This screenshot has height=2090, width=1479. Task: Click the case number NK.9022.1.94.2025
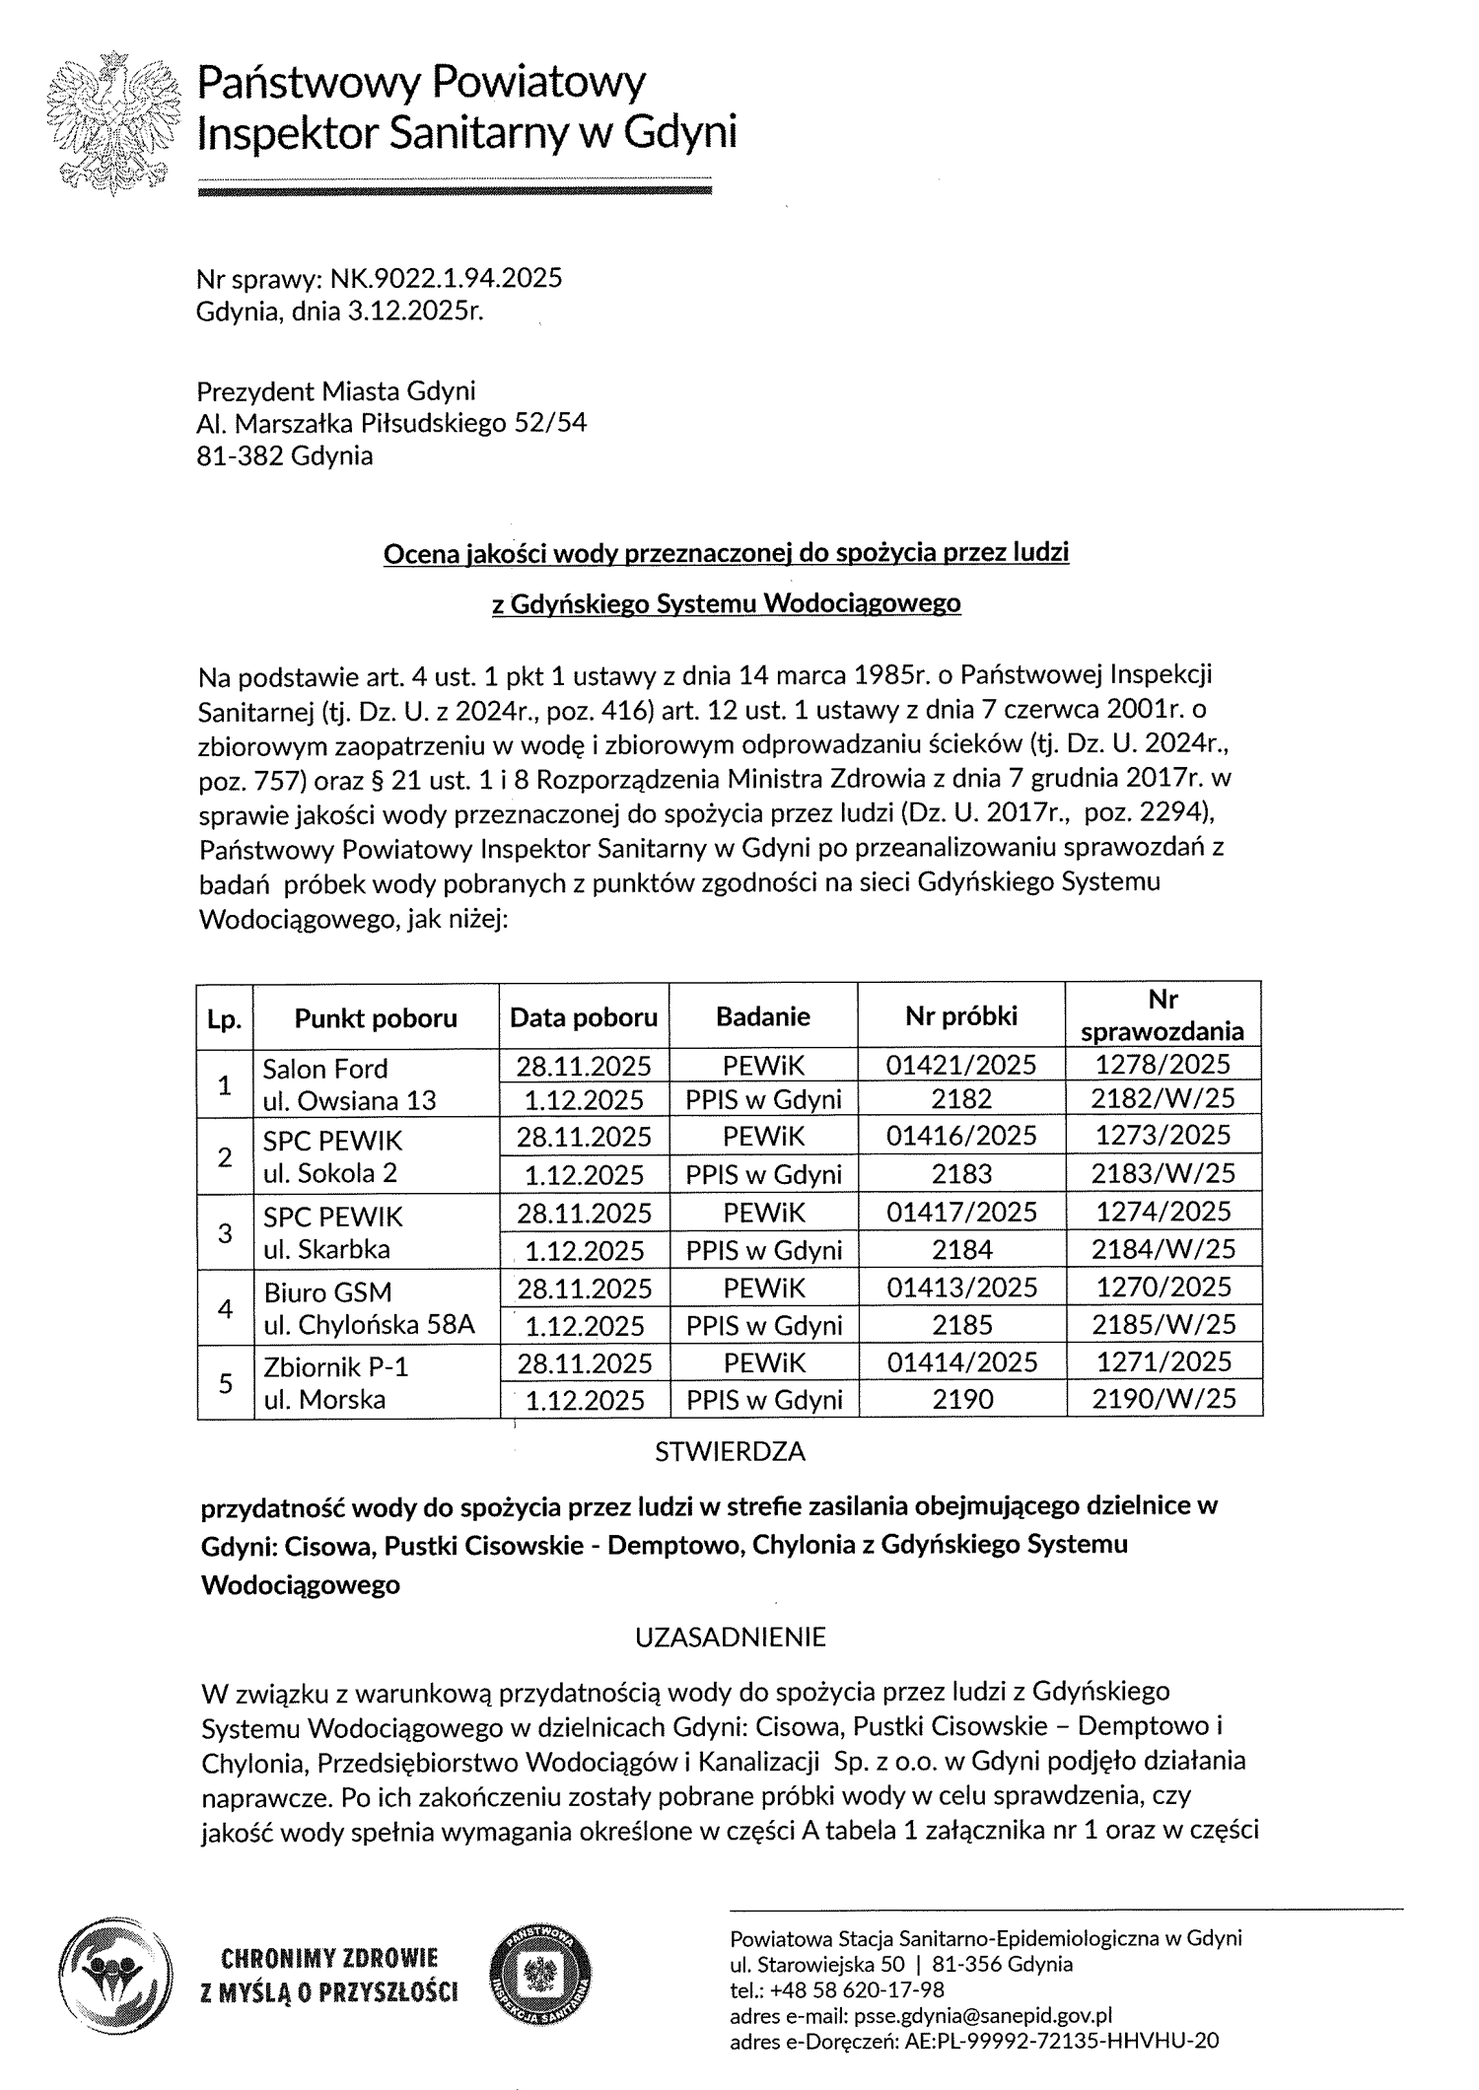coord(446,279)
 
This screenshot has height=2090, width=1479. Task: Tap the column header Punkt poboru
coord(376,1017)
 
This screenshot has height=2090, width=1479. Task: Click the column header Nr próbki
coord(961,1015)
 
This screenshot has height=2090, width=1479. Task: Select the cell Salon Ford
coord(325,1068)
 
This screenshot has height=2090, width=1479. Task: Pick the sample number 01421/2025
coord(961,1064)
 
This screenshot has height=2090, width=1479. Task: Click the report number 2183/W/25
coord(1163,1173)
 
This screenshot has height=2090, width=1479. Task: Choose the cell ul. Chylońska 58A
coord(369,1325)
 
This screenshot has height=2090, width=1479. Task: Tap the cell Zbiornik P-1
coord(321,1366)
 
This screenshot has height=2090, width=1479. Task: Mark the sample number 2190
coord(961,1399)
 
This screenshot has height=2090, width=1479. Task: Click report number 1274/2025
coord(1163,1212)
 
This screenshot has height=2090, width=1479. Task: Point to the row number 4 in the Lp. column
coord(225,1308)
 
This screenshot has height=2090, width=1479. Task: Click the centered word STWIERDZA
coord(730,1451)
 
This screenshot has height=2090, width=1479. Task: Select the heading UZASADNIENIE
coord(730,1637)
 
